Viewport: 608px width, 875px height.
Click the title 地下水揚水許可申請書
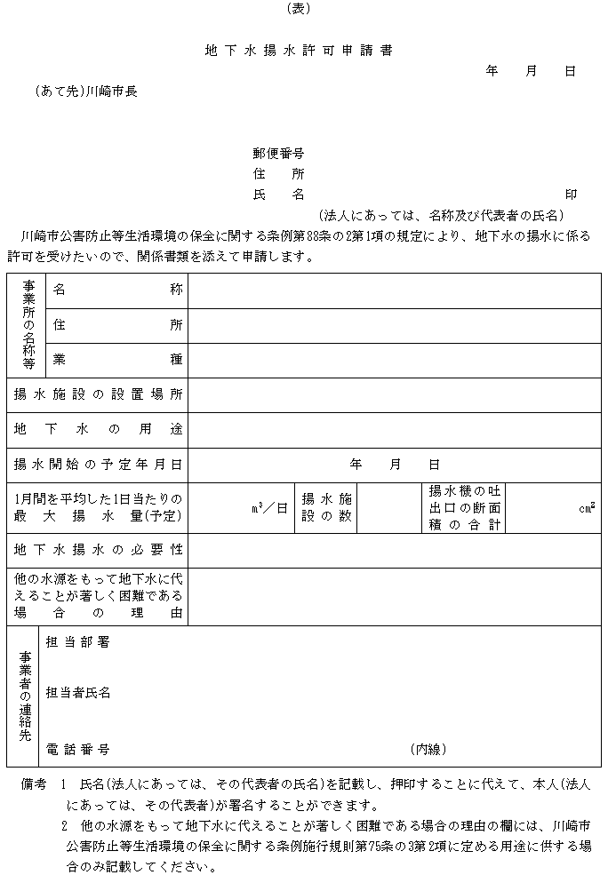[x=299, y=51]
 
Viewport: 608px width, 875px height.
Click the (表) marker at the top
[x=299, y=9]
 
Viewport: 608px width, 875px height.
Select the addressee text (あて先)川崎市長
[x=86, y=91]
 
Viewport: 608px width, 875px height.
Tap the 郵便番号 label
[x=278, y=154]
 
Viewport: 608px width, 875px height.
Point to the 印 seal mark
[x=571, y=195]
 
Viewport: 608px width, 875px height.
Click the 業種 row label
[x=116, y=359]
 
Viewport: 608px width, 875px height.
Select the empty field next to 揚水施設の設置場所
[x=394, y=394]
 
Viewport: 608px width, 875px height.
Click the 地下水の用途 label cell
[x=98, y=429]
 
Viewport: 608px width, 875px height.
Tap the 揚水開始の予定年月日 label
[x=98, y=464]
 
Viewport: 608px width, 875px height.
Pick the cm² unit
[x=587, y=508]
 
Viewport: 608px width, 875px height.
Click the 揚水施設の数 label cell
[x=326, y=507]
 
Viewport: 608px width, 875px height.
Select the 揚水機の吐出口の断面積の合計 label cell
[x=464, y=507]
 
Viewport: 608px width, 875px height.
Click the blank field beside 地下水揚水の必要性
[x=394, y=550]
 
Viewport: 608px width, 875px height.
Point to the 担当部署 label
[x=77, y=641]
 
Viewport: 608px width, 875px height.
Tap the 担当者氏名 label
[x=77, y=693]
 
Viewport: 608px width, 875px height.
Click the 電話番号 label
[x=77, y=750]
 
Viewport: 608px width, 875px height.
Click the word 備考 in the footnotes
[x=32, y=786]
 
